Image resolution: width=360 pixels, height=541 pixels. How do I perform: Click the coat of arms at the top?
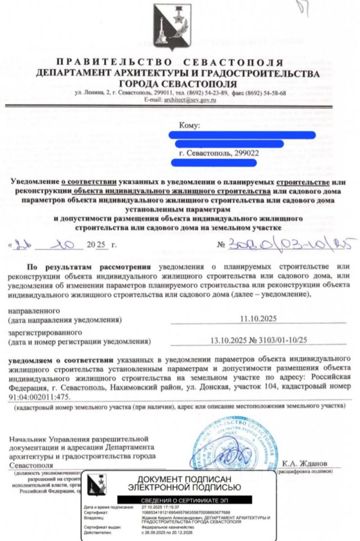point(172,27)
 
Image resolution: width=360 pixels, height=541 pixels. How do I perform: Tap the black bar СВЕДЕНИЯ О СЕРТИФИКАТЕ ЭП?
point(185,500)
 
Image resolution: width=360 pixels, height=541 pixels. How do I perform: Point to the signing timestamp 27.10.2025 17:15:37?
point(160,507)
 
